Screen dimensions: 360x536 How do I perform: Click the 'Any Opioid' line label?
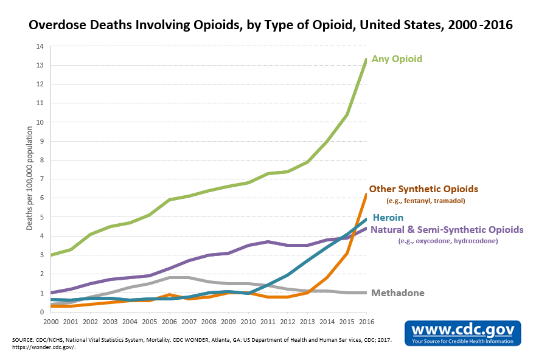point(397,59)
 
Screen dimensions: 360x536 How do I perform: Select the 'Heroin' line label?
point(388,217)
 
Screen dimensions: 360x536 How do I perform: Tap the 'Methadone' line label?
point(397,293)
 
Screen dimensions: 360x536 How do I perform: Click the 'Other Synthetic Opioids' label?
point(423,189)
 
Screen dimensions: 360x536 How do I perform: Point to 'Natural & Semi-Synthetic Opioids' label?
point(447,230)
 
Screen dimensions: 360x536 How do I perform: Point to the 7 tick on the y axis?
point(41,179)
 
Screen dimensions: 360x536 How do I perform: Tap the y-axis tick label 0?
point(41,312)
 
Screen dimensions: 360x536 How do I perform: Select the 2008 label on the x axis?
point(208,320)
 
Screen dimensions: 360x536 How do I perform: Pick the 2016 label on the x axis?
point(366,320)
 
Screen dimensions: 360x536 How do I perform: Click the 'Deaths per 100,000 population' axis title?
point(30,179)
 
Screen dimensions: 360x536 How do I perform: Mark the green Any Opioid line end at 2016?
point(366,59)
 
